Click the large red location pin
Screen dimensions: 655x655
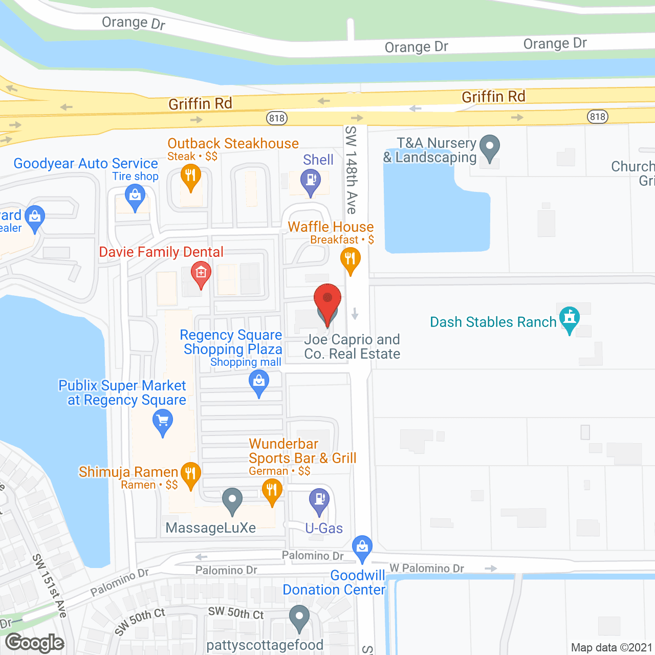pyautogui.click(x=327, y=299)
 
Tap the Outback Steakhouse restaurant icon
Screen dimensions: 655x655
pyautogui.click(x=190, y=176)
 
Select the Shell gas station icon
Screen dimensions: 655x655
pyautogui.click(x=310, y=181)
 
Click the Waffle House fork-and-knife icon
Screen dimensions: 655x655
pyautogui.click(x=350, y=259)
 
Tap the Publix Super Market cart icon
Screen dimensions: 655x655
pyautogui.click(x=163, y=422)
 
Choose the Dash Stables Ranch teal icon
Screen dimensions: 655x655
pyautogui.click(x=569, y=318)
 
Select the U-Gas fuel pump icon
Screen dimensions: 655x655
pyautogui.click(x=319, y=499)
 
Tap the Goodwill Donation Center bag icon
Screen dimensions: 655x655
pyautogui.click(x=362, y=547)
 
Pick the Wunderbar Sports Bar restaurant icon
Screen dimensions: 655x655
pyautogui.click(x=272, y=491)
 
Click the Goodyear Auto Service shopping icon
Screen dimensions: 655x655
pyautogui.click(x=135, y=196)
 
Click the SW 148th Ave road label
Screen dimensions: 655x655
pyautogui.click(x=351, y=170)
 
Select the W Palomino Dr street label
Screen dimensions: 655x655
pyautogui.click(x=427, y=568)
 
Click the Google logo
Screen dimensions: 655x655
pyautogui.click(x=35, y=643)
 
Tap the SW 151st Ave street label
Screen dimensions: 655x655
pyautogui.click(x=50, y=585)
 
